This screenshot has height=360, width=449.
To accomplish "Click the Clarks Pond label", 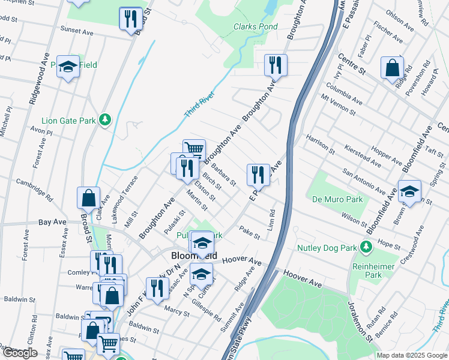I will click(x=255, y=27).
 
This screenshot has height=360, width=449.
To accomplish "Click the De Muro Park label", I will click(x=337, y=199).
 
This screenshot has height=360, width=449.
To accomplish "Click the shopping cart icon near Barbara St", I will click(x=194, y=150).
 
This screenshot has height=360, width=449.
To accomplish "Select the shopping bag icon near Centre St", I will click(x=392, y=68).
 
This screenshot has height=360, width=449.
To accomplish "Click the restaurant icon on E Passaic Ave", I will click(x=258, y=175).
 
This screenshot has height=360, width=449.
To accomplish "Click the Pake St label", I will click(x=249, y=232).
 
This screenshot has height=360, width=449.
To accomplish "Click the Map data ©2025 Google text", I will click(x=411, y=355).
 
